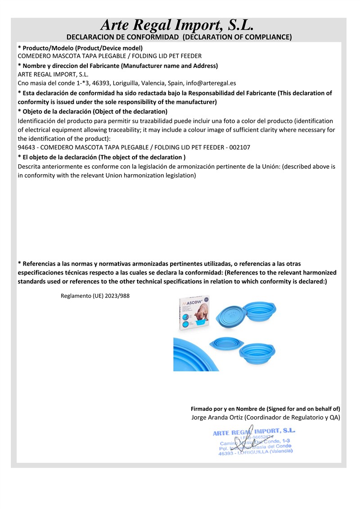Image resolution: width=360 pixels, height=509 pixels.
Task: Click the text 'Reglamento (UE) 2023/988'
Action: [x=95, y=296]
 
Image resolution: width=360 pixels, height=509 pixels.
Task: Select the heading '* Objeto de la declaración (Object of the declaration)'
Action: [x=92, y=112]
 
